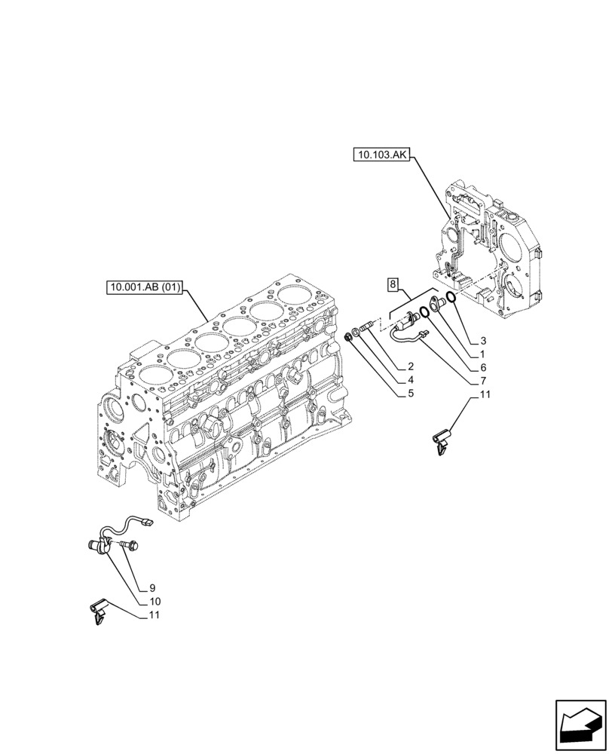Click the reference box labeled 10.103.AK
[380, 156]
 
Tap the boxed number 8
[393, 284]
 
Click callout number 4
[409, 379]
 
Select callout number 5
[409, 392]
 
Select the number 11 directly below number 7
[484, 394]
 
